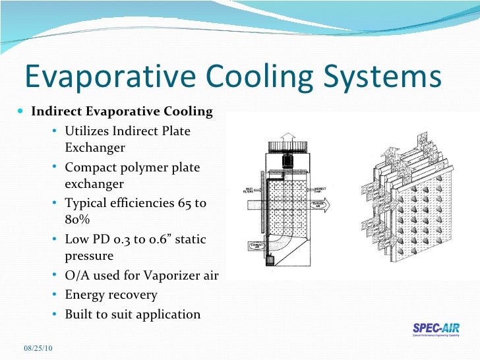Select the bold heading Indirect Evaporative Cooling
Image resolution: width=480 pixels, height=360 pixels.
pyautogui.click(x=122, y=111)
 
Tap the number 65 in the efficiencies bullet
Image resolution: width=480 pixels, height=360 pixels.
pyautogui.click(x=181, y=204)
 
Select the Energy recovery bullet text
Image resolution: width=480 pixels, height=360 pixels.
pyautogui.click(x=111, y=295)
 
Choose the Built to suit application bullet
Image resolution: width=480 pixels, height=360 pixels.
pyautogui.click(x=132, y=314)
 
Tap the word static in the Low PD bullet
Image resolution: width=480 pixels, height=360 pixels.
pyautogui.click(x=188, y=239)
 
